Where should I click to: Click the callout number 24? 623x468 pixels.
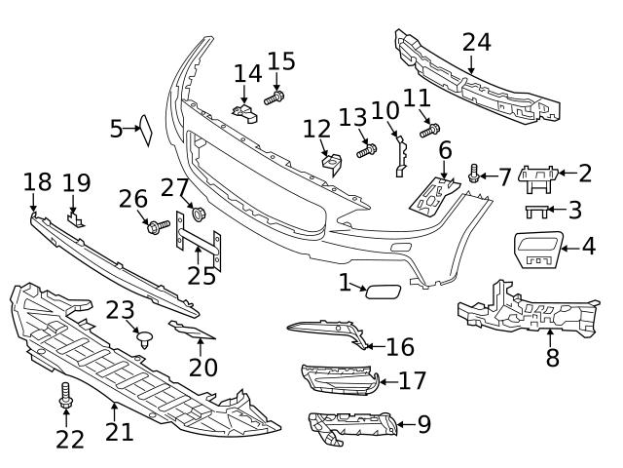point(476,44)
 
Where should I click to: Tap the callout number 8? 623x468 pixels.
point(552,357)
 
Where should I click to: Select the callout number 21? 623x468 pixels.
point(119,430)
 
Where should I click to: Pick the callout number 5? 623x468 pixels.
point(116,128)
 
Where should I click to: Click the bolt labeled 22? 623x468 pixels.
point(66,395)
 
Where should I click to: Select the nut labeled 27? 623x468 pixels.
point(200,214)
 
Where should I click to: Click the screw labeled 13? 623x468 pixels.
point(367,150)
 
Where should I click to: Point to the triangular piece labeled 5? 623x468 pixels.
point(147,130)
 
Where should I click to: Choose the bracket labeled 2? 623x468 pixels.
point(538,175)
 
